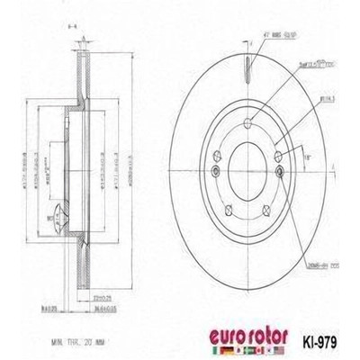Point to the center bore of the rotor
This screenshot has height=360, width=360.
point(244,166)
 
